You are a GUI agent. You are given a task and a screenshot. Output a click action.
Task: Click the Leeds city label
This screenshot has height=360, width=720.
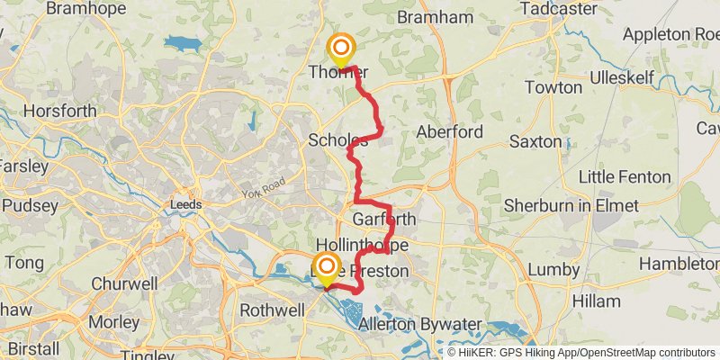[x=185, y=205]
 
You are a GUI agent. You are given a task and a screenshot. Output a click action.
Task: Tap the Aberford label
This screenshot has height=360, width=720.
[x=450, y=131]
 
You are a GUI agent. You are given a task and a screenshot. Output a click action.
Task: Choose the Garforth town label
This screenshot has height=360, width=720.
[x=384, y=220]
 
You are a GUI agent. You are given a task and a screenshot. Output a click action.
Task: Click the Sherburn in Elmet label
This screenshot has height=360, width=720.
[x=571, y=205]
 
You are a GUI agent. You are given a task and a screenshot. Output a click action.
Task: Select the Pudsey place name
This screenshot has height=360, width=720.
[x=31, y=205]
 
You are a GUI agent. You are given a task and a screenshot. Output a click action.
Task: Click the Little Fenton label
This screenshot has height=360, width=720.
[x=625, y=175]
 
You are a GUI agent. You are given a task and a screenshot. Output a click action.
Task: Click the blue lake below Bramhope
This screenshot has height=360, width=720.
[x=184, y=43]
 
